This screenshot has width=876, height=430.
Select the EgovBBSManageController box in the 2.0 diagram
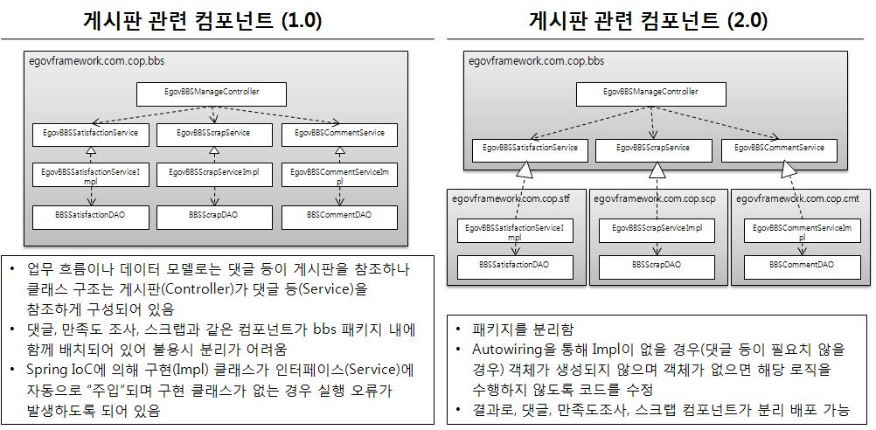[650, 93]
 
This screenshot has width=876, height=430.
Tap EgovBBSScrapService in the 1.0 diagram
[213, 135]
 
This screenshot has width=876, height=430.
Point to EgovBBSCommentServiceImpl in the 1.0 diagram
[338, 176]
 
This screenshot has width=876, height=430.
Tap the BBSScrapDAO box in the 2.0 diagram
[657, 267]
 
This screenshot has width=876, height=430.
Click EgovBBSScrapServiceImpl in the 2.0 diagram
[657, 230]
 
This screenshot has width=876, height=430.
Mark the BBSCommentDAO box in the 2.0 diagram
[802, 267]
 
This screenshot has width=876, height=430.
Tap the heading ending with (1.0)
[203, 20]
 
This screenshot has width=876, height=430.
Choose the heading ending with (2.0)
[649, 20]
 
